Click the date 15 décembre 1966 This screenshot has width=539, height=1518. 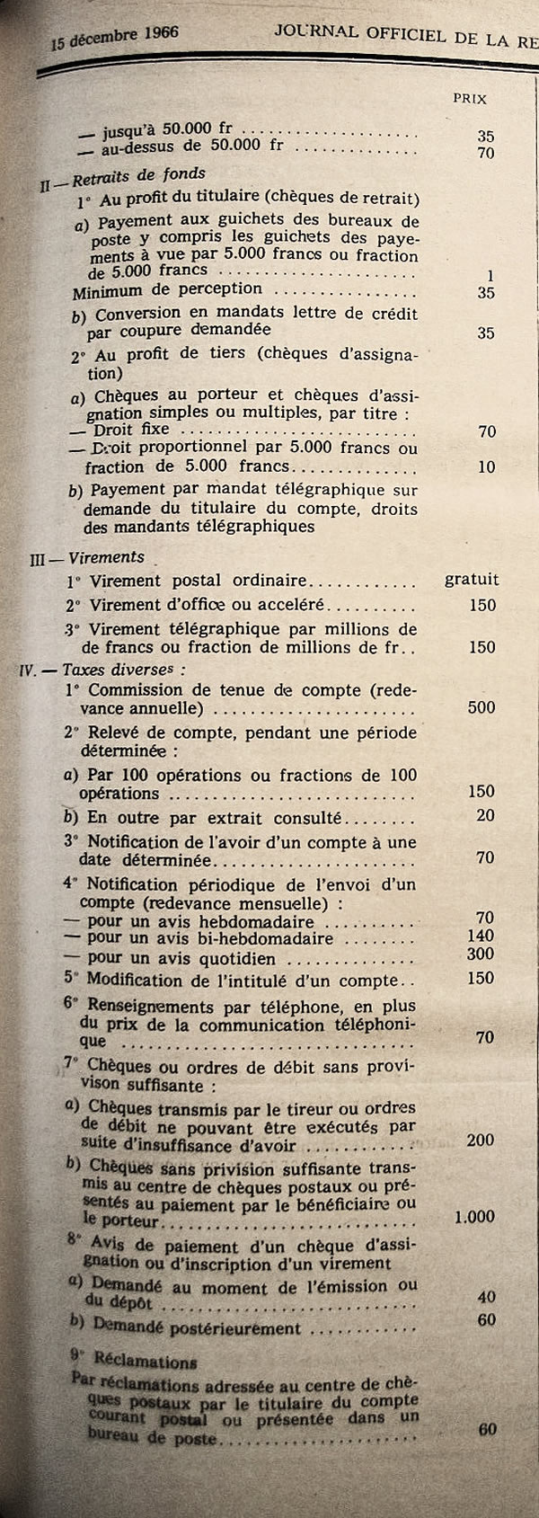114,39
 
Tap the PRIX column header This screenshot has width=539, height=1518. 470,99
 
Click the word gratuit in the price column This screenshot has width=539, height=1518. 472,580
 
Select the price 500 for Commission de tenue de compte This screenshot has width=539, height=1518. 482,707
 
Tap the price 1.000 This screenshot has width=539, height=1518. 474,1217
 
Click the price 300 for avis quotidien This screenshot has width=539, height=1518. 482,954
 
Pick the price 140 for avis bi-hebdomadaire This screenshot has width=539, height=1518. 482,936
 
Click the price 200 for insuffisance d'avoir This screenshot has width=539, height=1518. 481,1140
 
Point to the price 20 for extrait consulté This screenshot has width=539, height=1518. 486,815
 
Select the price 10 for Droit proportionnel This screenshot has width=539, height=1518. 486,466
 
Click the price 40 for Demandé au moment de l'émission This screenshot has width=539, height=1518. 487,1297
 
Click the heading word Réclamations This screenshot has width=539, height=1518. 143,1361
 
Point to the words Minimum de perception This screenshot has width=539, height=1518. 167,289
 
